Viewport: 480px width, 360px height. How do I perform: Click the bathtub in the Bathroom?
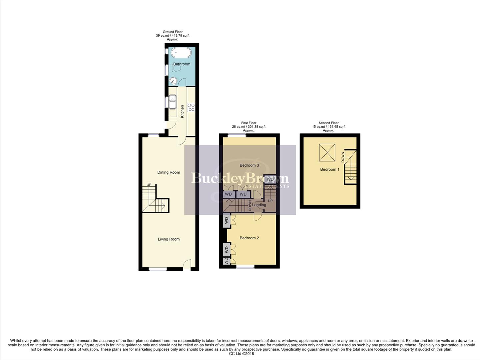click(182, 53)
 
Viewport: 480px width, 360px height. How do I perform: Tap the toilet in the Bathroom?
click(175, 68)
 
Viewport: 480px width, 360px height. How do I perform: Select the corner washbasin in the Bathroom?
click(173, 80)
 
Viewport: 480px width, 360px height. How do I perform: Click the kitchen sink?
click(173, 101)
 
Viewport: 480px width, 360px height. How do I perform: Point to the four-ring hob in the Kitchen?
click(191, 107)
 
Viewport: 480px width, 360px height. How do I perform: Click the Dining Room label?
click(169, 172)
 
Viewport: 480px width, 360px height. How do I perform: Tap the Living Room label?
click(169, 239)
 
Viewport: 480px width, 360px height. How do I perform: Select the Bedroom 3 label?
click(249, 165)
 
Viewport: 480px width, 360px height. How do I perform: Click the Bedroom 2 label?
click(249, 238)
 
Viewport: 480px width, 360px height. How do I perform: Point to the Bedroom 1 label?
click(329, 169)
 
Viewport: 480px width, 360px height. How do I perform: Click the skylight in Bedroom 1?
click(327, 153)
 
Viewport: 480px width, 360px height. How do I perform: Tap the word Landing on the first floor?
click(259, 205)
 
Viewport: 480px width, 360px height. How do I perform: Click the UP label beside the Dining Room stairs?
click(149, 185)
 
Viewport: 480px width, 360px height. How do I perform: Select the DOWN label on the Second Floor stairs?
click(343, 157)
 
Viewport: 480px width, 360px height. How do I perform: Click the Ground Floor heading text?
click(173, 32)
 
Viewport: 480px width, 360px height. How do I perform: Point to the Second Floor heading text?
click(328, 123)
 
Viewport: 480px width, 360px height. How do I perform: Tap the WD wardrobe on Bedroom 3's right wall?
click(270, 179)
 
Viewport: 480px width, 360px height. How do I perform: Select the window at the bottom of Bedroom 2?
click(245, 267)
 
